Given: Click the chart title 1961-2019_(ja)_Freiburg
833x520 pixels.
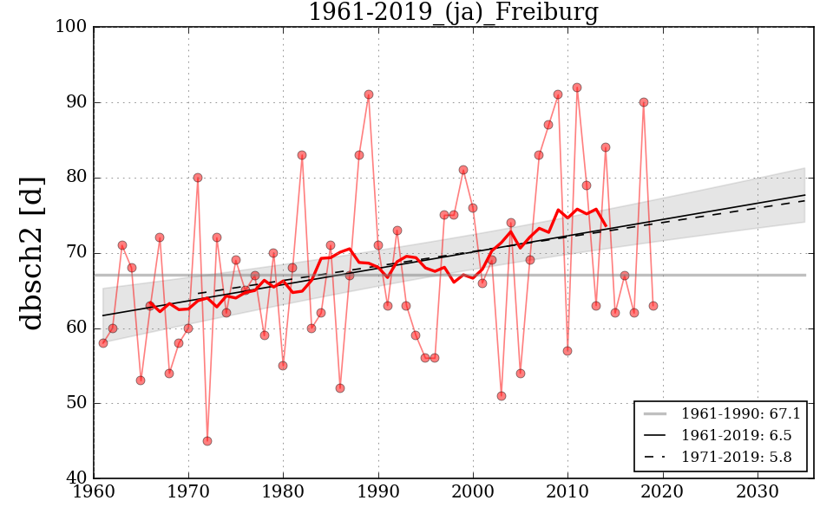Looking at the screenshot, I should [x=453, y=13].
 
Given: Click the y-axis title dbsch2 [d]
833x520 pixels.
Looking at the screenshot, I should [x=32, y=252].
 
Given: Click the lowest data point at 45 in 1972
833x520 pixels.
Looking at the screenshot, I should [x=207, y=441].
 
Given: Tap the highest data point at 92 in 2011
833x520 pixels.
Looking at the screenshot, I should [x=577, y=88].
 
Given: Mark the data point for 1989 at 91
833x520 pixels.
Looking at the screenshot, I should [x=369, y=94].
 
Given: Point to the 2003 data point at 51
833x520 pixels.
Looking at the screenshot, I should [x=502, y=396].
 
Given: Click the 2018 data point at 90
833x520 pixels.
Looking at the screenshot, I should [x=644, y=102].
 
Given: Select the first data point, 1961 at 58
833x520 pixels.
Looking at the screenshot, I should [x=103, y=343].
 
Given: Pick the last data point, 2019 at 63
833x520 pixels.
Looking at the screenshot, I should [x=653, y=306].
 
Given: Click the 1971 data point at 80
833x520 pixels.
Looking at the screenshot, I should [x=198, y=178].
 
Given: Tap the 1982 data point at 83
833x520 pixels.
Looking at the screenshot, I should [x=302, y=155].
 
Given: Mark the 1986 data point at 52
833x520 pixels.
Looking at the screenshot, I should [x=340, y=388].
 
